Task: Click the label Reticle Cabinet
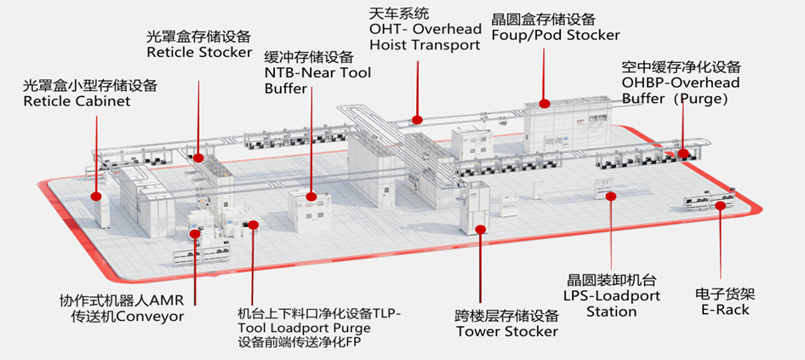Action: (77, 101)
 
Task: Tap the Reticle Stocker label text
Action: (199, 52)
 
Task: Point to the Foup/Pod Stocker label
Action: (556, 35)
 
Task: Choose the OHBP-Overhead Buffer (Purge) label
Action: (680, 90)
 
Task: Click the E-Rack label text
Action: (724, 310)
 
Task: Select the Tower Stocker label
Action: (505, 331)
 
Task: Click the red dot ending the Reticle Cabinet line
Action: (96, 196)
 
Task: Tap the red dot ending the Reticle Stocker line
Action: (197, 157)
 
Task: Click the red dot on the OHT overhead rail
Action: (416, 119)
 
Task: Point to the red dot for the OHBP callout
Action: (682, 154)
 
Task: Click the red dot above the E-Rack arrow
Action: (722, 204)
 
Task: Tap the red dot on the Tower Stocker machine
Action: (482, 227)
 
